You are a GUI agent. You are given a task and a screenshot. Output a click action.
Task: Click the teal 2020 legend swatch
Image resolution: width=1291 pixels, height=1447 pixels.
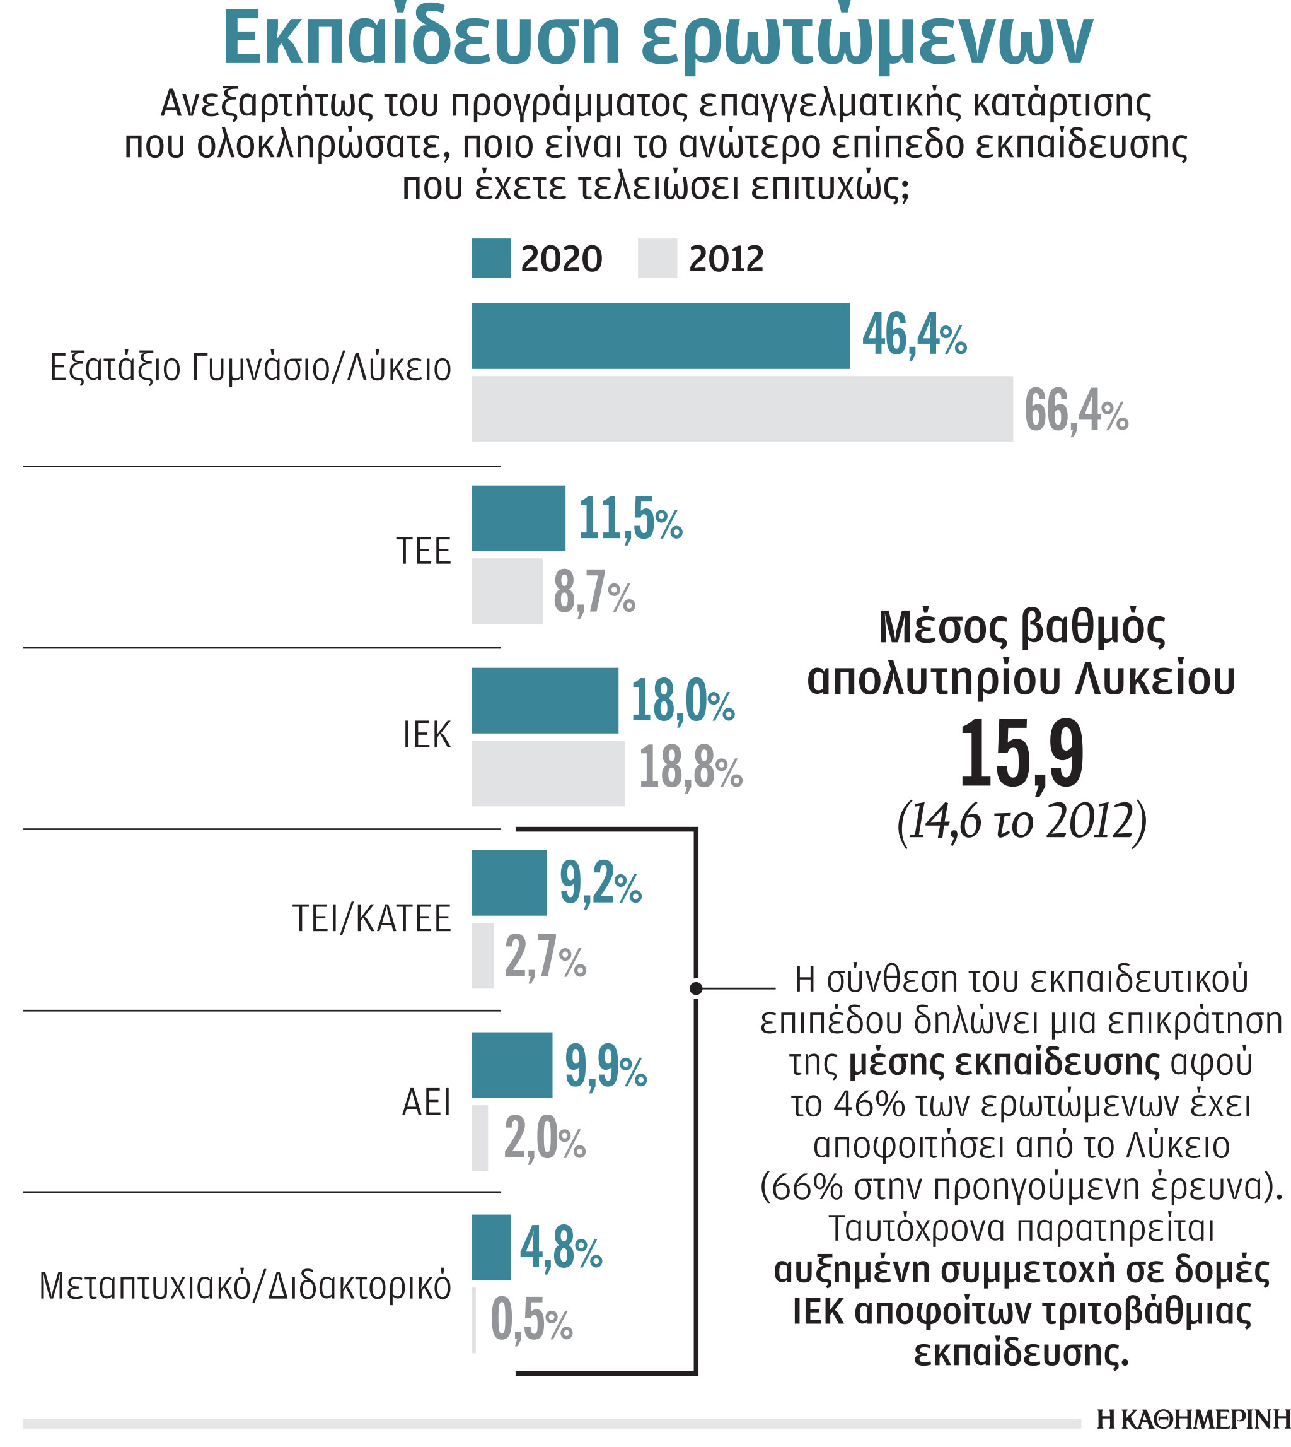point(491,259)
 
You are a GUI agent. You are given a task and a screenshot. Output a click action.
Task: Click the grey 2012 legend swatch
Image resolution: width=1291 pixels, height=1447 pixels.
point(657,259)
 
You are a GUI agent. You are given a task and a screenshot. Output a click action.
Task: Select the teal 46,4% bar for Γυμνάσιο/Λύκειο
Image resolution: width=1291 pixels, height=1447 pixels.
point(661,336)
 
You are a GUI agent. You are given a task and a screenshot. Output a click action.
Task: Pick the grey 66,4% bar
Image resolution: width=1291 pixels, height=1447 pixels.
point(742,409)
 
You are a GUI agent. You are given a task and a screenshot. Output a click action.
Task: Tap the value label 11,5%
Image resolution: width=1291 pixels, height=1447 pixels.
point(630,520)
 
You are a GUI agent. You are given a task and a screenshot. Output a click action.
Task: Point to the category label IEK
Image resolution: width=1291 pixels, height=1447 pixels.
point(426,735)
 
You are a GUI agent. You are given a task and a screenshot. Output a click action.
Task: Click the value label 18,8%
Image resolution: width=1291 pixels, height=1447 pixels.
point(690,768)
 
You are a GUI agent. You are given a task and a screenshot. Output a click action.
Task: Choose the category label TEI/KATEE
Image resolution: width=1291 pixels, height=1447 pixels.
point(372,919)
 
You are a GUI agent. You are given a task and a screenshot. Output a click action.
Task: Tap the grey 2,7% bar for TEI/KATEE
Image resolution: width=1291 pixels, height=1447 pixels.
point(482,956)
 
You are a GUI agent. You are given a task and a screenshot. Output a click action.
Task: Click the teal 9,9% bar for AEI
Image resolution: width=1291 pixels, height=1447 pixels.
point(511,1065)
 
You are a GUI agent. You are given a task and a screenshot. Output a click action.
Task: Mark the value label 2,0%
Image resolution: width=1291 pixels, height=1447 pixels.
point(545,1139)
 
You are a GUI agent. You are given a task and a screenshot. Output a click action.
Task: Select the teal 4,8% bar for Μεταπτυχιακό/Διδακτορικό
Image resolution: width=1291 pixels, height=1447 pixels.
point(491,1248)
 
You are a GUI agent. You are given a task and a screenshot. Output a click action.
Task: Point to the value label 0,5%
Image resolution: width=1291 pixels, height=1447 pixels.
point(531,1321)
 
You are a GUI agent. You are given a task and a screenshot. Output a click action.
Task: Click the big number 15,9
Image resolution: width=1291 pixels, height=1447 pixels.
point(1021,755)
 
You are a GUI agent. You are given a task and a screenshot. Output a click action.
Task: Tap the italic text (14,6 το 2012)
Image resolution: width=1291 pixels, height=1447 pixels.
point(1021,822)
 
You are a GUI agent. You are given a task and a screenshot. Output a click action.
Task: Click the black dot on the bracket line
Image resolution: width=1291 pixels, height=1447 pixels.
point(696,988)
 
